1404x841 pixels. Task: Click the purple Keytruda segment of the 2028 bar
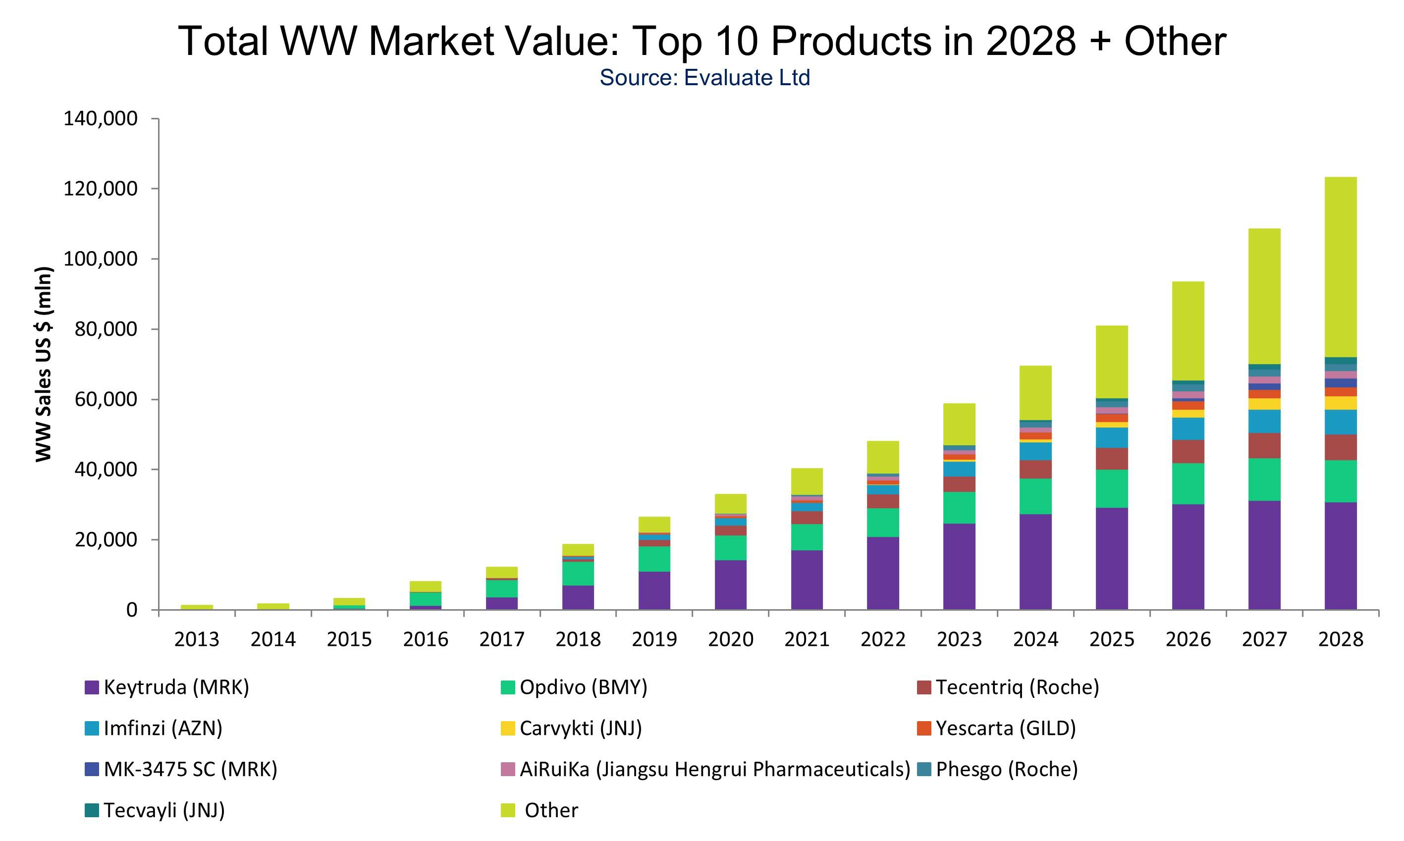pos(1340,555)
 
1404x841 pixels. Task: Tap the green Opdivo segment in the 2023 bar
pos(959,507)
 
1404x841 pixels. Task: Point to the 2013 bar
pos(197,607)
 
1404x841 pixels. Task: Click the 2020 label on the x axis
pos(731,640)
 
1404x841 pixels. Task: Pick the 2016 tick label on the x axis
pos(425,640)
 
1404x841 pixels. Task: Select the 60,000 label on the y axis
pos(106,400)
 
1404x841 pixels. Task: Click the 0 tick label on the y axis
pos(131,610)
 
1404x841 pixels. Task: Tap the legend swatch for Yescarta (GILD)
pos(924,728)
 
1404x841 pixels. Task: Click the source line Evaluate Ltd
pos(704,78)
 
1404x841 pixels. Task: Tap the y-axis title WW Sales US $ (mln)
pos(44,364)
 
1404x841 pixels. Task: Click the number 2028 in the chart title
pos(1030,42)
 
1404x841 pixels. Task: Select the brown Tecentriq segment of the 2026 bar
pos(1188,452)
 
